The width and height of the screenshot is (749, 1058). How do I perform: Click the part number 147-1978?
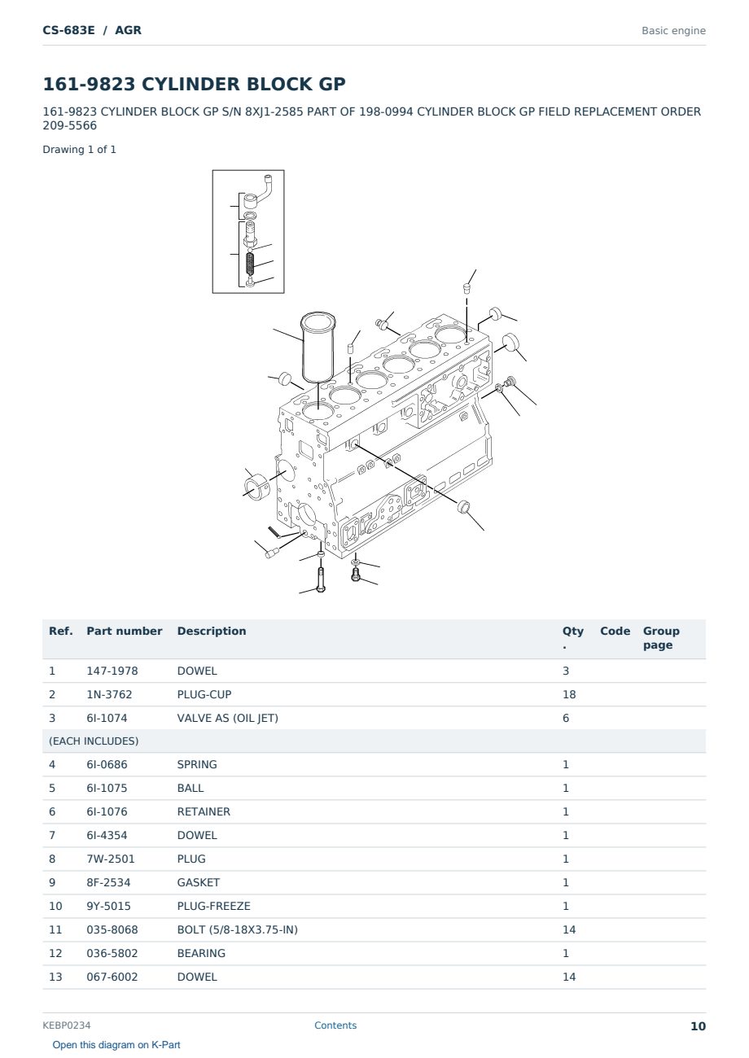[112, 671]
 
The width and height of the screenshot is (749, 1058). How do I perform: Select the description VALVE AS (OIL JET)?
[227, 718]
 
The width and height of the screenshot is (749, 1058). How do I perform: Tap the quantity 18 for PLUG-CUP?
[569, 694]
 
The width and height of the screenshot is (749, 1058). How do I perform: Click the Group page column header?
[661, 637]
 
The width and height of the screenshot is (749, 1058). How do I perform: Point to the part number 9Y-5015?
[108, 906]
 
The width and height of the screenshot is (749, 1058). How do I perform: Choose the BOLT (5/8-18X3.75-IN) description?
[237, 929]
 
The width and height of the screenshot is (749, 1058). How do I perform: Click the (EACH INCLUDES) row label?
[94, 741]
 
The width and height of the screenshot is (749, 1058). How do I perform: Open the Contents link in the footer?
[335, 1025]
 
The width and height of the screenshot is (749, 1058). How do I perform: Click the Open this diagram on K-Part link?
[116, 1045]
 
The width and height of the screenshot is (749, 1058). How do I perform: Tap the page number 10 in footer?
[698, 1026]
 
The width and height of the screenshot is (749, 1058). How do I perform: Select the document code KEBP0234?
[67, 1025]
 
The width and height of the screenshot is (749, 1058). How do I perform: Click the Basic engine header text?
[673, 31]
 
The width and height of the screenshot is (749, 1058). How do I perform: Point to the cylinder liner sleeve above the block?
[318, 348]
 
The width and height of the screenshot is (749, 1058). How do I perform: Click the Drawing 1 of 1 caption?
[80, 150]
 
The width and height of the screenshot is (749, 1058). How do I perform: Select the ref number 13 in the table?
[55, 977]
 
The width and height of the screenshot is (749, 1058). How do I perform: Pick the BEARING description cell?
[201, 953]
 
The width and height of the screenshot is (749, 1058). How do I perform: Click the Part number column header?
[125, 631]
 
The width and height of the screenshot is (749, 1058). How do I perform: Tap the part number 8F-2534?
[108, 882]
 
